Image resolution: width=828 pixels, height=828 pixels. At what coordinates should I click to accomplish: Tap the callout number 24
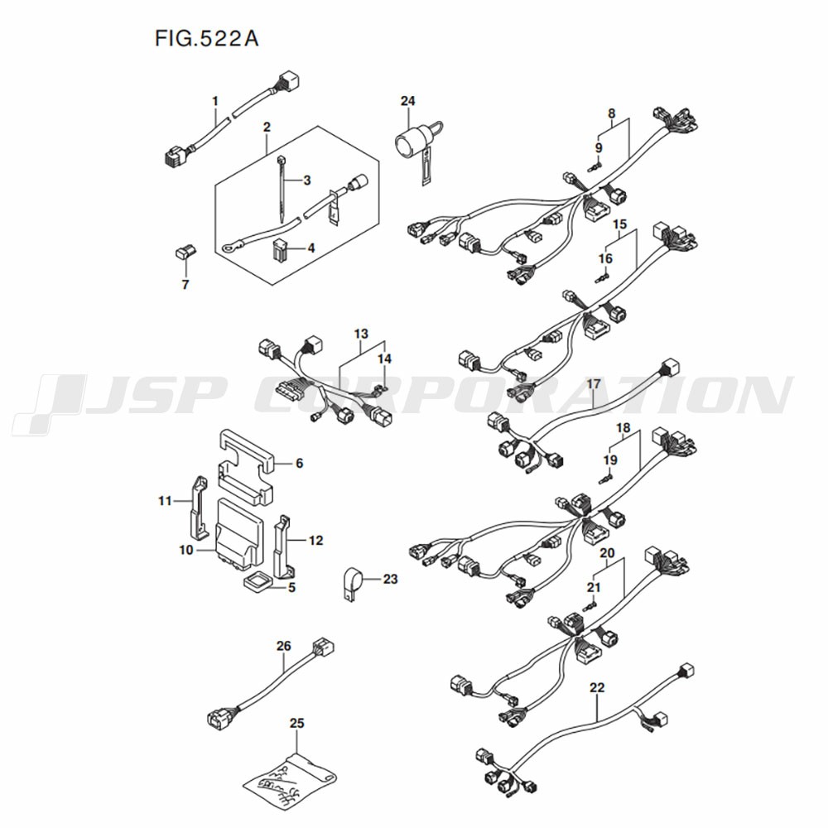click(407, 101)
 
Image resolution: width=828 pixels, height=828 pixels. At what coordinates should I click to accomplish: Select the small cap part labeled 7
click(184, 252)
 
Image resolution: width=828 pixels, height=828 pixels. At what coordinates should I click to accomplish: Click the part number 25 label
click(297, 723)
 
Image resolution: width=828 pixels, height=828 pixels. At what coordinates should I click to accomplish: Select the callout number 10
click(185, 549)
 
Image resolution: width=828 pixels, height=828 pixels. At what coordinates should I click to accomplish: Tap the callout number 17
click(594, 383)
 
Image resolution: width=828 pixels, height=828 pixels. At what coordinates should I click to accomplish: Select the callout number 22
click(598, 686)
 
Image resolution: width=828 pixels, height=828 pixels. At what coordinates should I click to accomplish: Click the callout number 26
click(283, 646)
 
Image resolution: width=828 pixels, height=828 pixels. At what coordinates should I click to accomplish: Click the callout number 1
click(215, 101)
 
